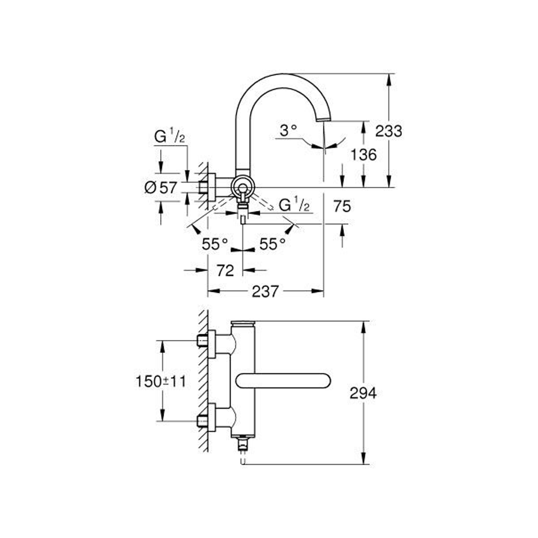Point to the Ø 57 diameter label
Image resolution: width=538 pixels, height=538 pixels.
[x=161, y=187]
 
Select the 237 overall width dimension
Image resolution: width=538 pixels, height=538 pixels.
[x=265, y=292]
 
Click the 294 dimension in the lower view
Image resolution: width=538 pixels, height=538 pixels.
[x=362, y=393]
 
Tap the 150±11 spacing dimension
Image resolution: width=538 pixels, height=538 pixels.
[x=161, y=381]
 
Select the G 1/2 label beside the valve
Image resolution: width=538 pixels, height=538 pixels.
[x=294, y=205]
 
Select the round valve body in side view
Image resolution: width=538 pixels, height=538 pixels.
[x=242, y=188]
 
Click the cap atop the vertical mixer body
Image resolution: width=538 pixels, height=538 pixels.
[x=243, y=324]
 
